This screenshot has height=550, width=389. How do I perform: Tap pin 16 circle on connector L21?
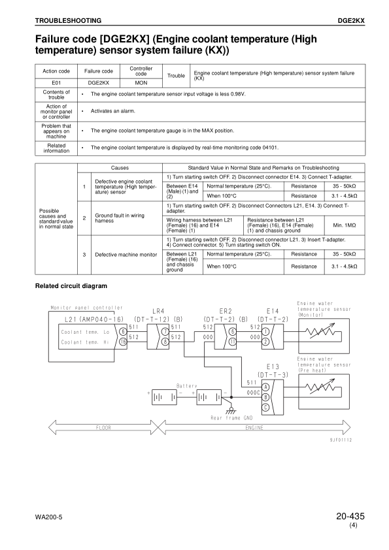pyautogui.click(x=122, y=341)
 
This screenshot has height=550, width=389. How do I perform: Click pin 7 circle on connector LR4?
pyautogui.click(x=165, y=331)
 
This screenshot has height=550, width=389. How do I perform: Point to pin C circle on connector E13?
pyautogui.click(x=265, y=407)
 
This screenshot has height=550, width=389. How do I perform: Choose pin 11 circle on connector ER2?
pyautogui.click(x=232, y=341)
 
